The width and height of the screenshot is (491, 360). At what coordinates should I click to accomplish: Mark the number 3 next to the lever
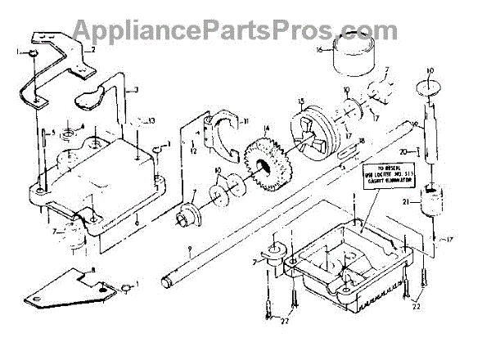point(137,88)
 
